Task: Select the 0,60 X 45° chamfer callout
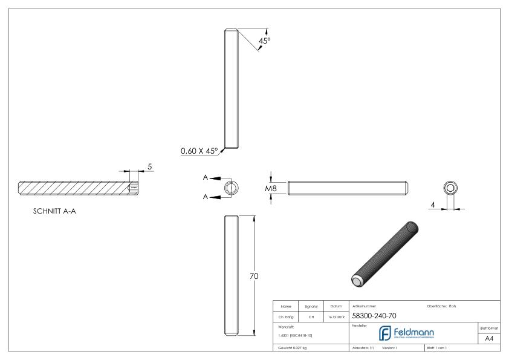(x=200, y=151)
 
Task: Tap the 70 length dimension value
(x=254, y=276)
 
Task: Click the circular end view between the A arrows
(x=230, y=188)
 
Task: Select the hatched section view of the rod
(x=76, y=188)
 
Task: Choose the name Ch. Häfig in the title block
(x=287, y=316)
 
